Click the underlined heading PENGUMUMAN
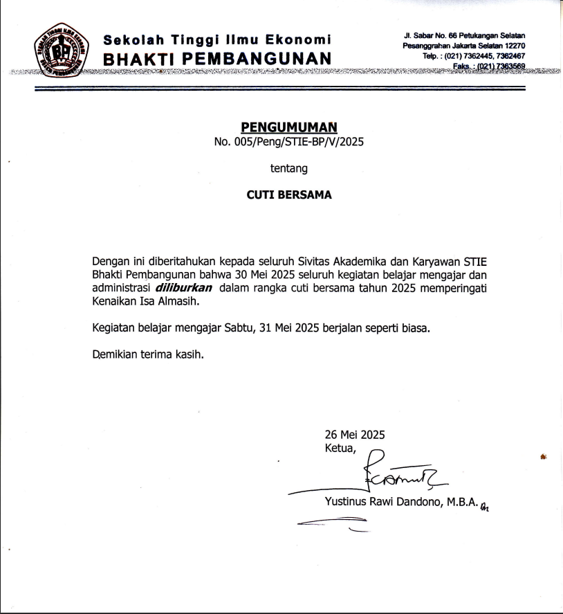click(x=288, y=127)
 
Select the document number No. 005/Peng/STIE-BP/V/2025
click(x=288, y=143)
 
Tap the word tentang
click(x=288, y=168)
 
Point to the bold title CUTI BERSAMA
click(x=289, y=195)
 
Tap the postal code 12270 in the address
click(x=513, y=46)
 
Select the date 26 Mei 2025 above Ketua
click(x=355, y=435)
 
